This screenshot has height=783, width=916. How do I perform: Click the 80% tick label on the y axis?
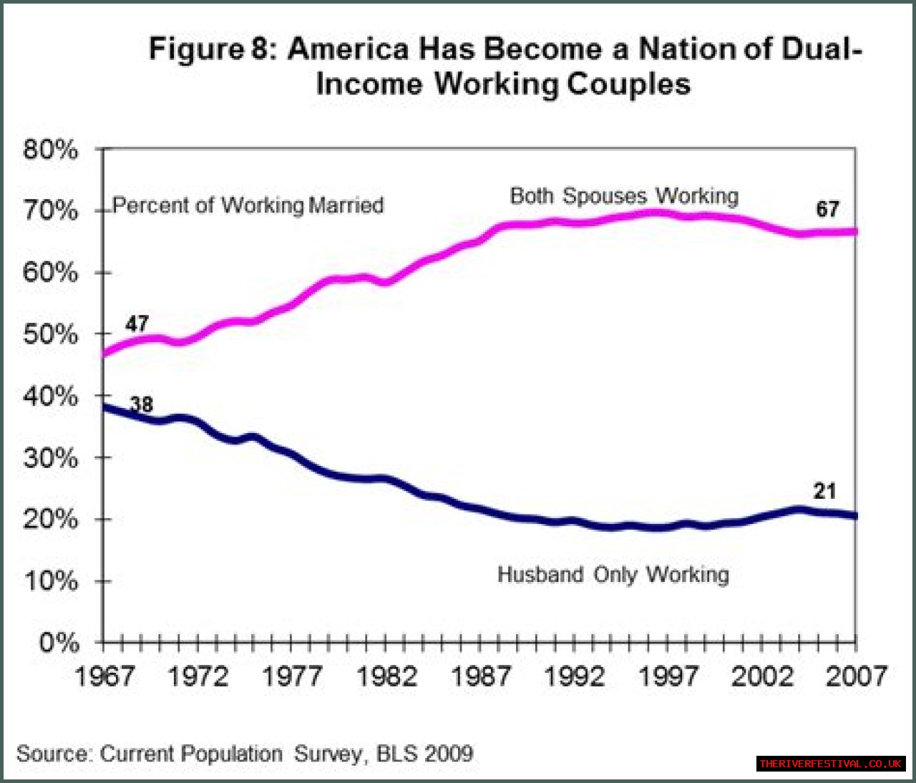tap(50, 150)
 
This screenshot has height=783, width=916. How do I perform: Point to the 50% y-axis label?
tap(50, 335)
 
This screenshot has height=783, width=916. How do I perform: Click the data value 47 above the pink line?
tap(137, 324)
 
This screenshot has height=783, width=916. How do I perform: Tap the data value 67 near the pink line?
tap(827, 209)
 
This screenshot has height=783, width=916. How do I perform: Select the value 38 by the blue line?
tap(142, 404)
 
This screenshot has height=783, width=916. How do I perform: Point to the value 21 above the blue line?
tap(824, 491)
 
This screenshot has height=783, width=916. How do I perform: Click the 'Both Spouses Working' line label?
tap(624, 196)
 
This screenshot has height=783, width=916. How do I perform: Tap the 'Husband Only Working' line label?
tap(613, 575)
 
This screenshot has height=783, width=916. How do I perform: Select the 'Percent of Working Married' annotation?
tap(248, 205)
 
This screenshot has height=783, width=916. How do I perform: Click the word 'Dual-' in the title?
tap(822, 49)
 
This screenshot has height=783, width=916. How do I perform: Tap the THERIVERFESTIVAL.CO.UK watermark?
tap(831, 764)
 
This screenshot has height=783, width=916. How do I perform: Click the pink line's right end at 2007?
tap(854, 231)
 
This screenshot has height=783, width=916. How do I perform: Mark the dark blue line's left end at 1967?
tap(105, 407)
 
